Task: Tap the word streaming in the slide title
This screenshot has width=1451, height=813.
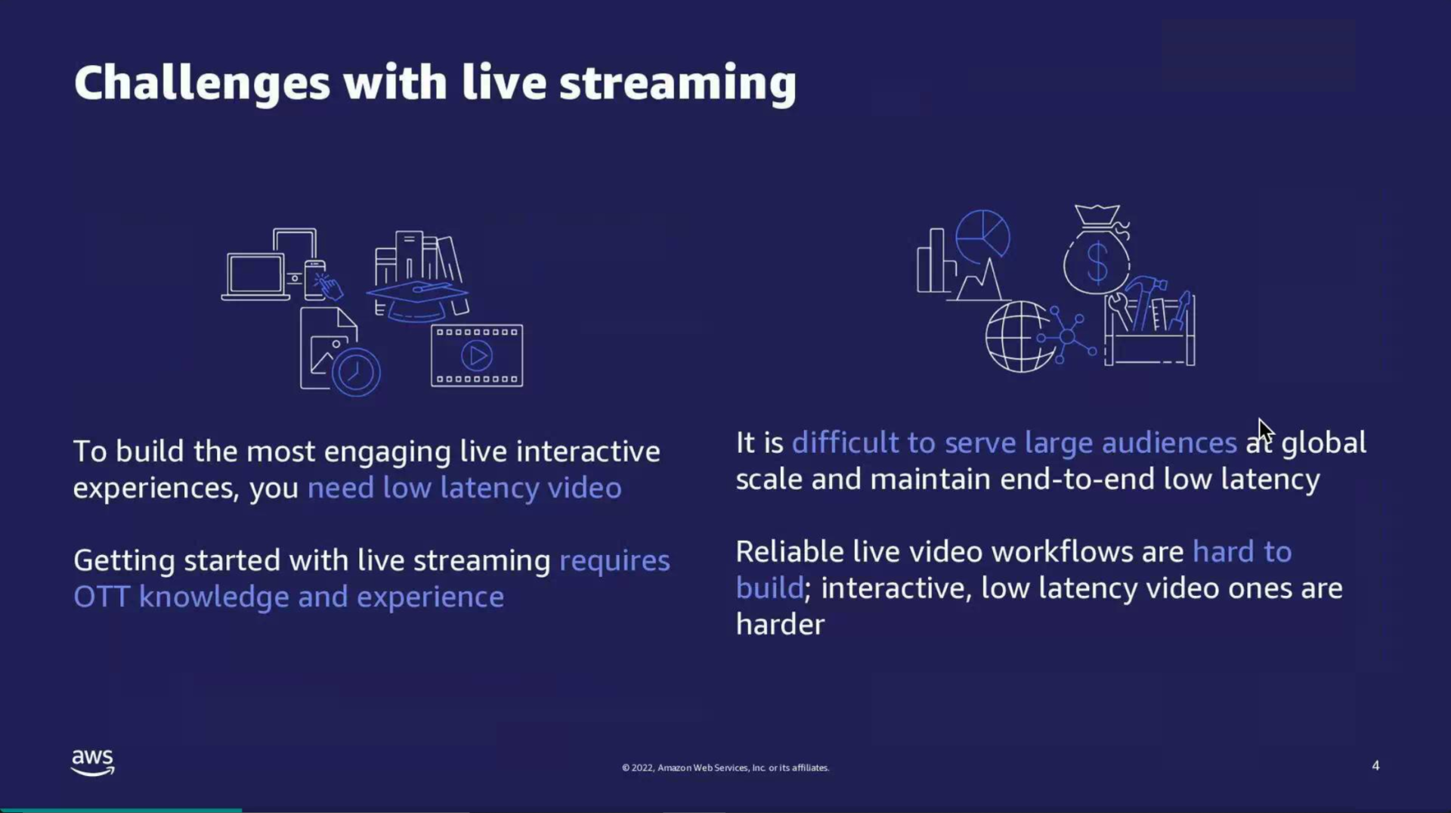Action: point(677,82)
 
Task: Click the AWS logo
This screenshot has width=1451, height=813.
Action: point(92,762)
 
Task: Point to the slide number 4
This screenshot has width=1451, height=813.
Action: point(1375,765)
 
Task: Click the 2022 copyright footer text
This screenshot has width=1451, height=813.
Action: point(725,768)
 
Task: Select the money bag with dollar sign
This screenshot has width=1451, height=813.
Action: point(1097,253)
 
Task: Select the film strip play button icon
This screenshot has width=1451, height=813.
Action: point(476,355)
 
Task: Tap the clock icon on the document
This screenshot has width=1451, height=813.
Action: point(355,371)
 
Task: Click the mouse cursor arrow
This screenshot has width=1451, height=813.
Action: point(1264,431)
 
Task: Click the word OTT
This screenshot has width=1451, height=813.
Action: point(101,597)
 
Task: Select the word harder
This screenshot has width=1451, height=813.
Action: point(780,625)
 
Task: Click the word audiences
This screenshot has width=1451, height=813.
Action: point(1168,443)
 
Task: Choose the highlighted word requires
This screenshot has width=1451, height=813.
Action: point(614,561)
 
